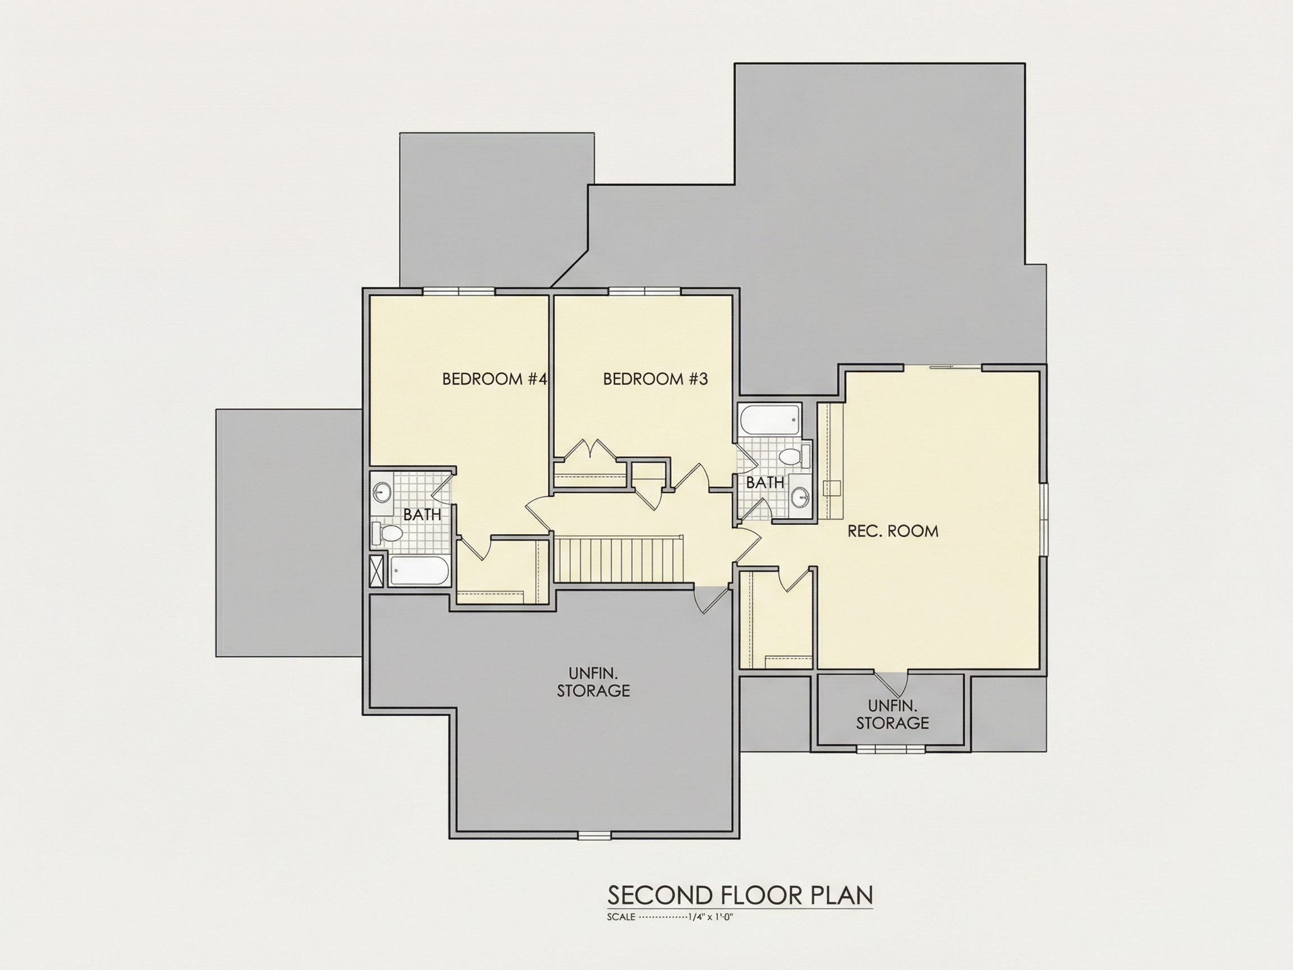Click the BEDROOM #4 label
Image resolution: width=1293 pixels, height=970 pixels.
494,379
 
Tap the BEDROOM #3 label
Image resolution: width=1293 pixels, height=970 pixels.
655,379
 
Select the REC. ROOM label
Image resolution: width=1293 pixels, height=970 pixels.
893,531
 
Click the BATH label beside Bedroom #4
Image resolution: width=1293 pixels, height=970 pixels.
422,515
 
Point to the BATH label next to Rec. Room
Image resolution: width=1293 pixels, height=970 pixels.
765,482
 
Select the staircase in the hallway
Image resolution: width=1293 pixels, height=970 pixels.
619,560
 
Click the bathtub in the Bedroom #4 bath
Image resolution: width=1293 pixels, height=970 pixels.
420,571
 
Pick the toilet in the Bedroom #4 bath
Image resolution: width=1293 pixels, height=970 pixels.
388,532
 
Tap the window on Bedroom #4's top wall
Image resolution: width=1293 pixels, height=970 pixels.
460,291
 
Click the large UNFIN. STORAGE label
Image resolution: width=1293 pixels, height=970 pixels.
593,681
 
